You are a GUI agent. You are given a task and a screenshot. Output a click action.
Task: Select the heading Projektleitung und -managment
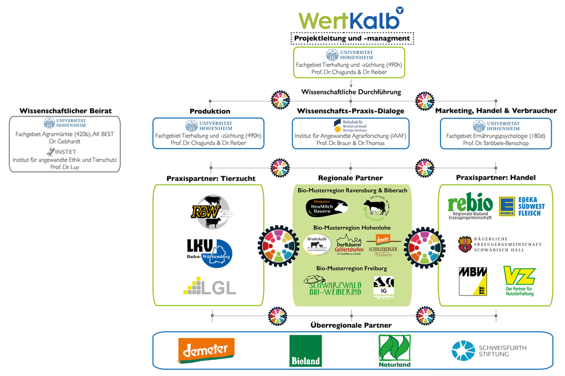click(352, 39)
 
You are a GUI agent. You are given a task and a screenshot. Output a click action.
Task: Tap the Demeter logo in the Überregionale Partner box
click(206, 350)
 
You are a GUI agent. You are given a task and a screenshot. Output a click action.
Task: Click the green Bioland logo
click(305, 351)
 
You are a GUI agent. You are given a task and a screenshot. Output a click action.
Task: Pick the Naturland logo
click(394, 351)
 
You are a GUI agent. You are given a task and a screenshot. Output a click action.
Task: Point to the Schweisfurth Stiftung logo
click(489, 350)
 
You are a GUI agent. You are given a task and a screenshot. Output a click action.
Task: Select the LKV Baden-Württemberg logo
click(208, 252)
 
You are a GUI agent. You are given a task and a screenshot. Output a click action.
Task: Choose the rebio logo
click(470, 206)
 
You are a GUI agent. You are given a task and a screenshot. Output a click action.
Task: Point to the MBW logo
click(473, 280)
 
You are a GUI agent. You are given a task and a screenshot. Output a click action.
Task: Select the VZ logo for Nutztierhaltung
click(519, 280)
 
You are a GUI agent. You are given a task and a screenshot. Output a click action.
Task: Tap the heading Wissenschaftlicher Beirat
click(65, 111)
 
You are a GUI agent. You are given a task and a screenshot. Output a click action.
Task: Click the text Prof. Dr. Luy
click(65, 166)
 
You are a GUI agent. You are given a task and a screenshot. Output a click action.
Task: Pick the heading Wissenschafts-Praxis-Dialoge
click(351, 111)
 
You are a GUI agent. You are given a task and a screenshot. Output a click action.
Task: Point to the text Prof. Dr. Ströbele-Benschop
click(496, 143)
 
